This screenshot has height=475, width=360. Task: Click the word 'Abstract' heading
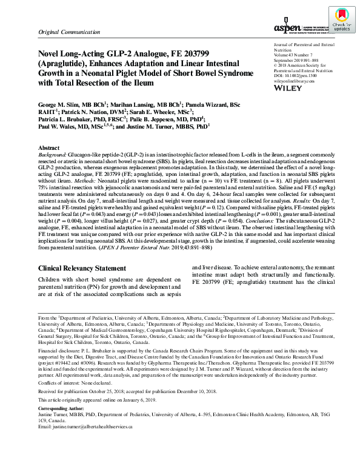coord(49,148)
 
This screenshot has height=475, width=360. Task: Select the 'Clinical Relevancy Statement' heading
coord(82,269)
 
